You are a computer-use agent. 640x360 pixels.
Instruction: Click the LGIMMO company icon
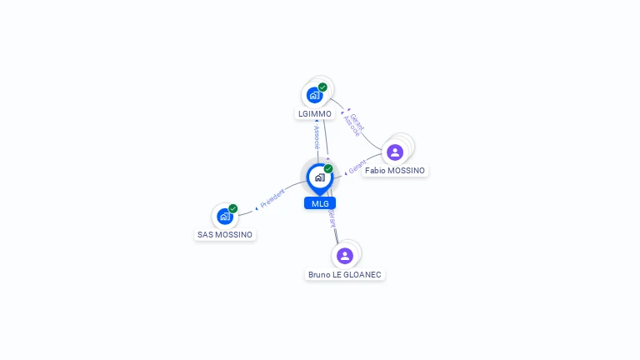[x=314, y=95]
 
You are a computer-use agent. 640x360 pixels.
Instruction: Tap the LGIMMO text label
[x=314, y=114]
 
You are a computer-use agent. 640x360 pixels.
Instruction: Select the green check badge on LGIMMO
[x=322, y=87]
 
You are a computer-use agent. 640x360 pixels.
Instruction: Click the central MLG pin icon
[x=319, y=177]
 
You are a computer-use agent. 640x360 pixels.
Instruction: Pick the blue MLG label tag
[x=320, y=203]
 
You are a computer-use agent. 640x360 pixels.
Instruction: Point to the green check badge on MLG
[x=328, y=169]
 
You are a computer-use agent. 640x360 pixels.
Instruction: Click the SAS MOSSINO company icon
[x=224, y=217]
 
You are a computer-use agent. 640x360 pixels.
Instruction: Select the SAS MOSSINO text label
[x=225, y=235]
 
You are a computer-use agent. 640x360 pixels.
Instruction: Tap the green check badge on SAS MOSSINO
[x=233, y=208]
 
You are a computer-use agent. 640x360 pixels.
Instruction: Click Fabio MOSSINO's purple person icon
[x=395, y=152]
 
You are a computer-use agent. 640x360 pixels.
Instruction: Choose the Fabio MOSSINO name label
[x=395, y=171]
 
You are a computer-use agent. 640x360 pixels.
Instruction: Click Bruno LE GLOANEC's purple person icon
[x=345, y=255]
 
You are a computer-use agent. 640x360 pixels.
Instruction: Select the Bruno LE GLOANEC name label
[x=346, y=274]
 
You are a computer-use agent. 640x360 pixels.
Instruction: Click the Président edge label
[x=272, y=198]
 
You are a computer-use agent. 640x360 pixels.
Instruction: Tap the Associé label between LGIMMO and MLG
[x=317, y=136]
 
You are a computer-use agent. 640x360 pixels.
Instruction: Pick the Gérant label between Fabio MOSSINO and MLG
[x=357, y=167]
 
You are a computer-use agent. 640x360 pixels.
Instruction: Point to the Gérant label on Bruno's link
[x=332, y=218]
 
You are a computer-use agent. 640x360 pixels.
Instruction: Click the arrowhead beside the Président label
[x=257, y=206]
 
